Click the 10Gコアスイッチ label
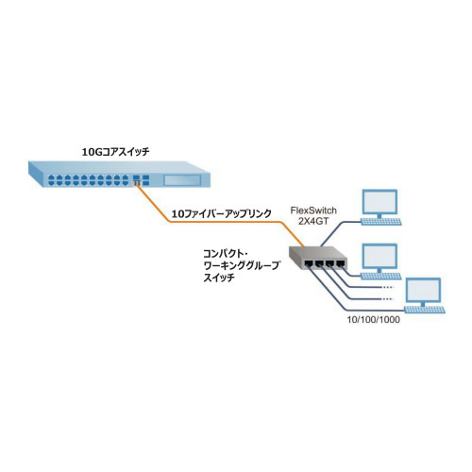115,152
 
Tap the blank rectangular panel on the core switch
182,180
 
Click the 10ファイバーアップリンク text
221,214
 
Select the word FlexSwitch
313,211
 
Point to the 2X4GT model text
313,221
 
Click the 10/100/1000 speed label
374,320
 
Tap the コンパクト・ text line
227,254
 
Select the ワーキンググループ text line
241,265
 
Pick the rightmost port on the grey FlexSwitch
340,263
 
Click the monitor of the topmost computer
379,202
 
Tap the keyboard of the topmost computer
381,222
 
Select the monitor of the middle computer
379,257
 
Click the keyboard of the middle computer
381,277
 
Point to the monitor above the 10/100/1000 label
423,291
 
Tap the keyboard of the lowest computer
425,310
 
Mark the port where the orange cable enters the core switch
136,182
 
